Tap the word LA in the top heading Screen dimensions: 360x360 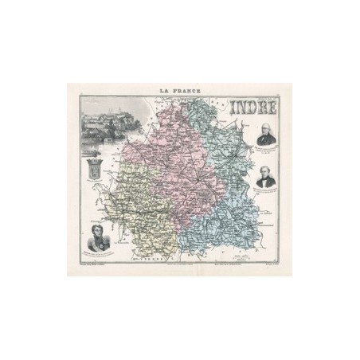pos(166,92)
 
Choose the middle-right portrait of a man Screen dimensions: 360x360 pos(267,177)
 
